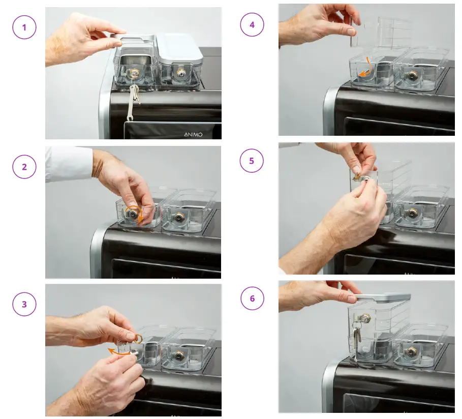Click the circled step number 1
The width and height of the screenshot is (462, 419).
(x=24, y=27)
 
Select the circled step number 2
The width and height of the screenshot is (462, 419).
(x=24, y=167)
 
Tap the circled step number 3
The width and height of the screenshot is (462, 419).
(x=24, y=304)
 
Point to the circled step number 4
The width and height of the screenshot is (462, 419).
(x=252, y=24)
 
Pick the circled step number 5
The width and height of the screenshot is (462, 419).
(x=252, y=161)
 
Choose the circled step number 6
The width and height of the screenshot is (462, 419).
(x=252, y=298)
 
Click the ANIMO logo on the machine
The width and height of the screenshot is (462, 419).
(x=193, y=134)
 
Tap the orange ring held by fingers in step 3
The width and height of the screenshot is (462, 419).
(x=139, y=339)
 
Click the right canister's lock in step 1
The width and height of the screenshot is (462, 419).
(x=180, y=73)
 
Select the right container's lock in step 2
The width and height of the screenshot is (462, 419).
(x=179, y=218)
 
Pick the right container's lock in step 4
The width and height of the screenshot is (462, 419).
(x=411, y=76)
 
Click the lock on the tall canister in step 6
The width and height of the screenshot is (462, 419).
(x=364, y=318)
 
